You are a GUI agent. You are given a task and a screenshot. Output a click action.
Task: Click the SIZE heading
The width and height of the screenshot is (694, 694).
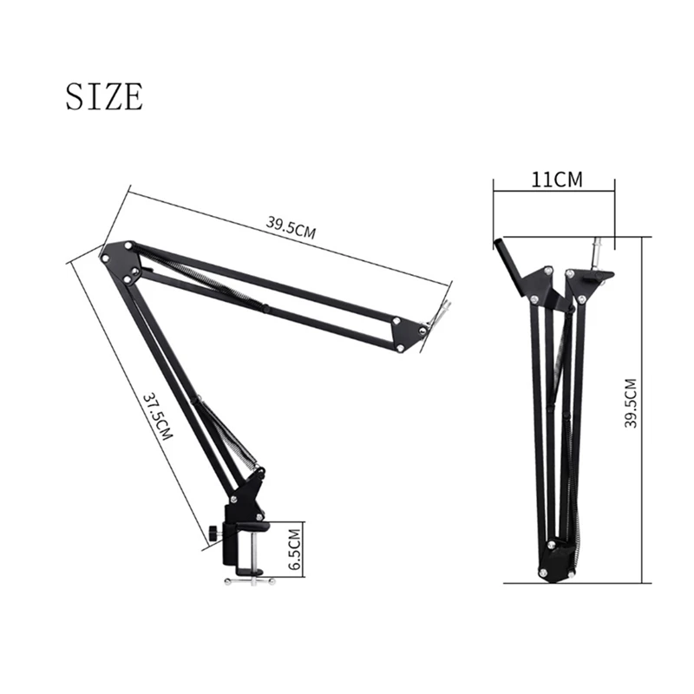tap(104, 95)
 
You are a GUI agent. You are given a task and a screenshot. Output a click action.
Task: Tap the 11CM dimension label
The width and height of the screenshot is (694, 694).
tap(557, 180)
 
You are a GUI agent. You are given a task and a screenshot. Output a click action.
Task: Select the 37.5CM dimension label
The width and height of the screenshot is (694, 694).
tap(157, 416)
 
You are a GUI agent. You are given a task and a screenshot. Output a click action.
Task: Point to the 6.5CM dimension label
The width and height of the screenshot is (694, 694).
tap(294, 549)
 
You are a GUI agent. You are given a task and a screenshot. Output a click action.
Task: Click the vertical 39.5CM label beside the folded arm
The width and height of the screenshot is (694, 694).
tap(631, 403)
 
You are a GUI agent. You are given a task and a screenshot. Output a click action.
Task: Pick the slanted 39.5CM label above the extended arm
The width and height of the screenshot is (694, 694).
tap(291, 227)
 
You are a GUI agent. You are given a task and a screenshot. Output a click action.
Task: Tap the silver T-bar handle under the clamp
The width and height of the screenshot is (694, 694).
tap(250, 581)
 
